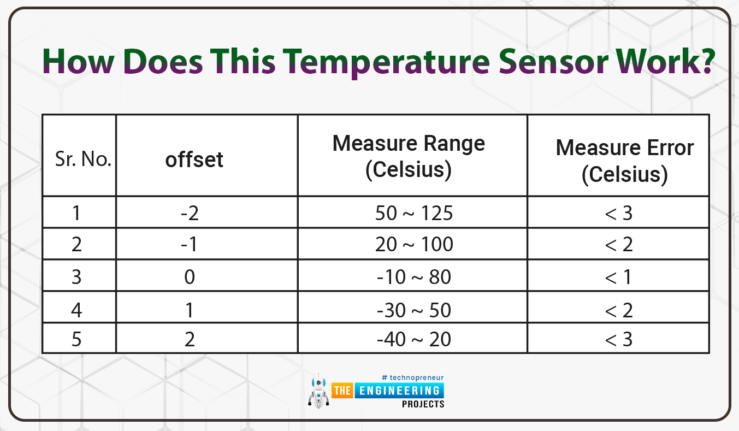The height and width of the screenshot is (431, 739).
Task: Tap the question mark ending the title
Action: click(x=705, y=61)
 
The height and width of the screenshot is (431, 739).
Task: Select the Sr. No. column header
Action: click(x=83, y=159)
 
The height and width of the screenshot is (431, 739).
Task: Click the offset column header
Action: click(x=194, y=160)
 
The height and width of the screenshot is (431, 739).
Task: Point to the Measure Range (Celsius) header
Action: click(x=409, y=156)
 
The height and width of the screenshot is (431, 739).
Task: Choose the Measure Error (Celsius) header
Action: click(x=624, y=161)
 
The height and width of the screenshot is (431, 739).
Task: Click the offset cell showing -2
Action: click(x=190, y=213)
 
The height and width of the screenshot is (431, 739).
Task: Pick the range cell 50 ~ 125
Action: click(x=413, y=213)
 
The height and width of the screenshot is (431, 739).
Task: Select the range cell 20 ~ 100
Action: click(x=414, y=244)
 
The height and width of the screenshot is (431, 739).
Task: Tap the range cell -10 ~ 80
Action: click(x=413, y=276)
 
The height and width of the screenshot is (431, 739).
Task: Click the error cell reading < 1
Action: click(x=619, y=276)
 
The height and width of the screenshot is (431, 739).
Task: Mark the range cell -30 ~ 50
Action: click(x=413, y=310)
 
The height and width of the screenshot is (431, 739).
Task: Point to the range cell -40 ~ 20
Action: click(x=413, y=339)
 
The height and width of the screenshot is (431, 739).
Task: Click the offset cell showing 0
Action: click(x=190, y=276)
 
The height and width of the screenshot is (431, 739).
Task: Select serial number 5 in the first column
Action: click(x=76, y=339)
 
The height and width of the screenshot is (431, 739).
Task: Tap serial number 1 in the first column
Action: click(x=76, y=213)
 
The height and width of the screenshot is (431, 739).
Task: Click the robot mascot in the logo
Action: click(x=318, y=391)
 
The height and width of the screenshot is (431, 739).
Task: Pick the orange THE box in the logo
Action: click(x=342, y=391)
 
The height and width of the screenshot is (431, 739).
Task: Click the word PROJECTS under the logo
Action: click(x=423, y=404)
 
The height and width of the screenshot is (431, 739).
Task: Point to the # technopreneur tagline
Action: click(x=412, y=377)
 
